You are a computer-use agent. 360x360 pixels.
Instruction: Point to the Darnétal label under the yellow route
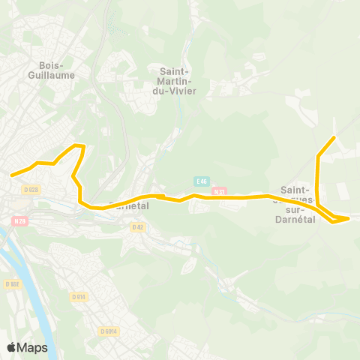pyautogui.click(x=130, y=205)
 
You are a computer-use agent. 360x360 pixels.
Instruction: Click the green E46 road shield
pyautogui.click(x=200, y=181)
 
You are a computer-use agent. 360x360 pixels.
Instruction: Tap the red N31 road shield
pyautogui.click(x=219, y=191)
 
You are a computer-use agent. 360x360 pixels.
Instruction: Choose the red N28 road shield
pyautogui.click(x=19, y=221)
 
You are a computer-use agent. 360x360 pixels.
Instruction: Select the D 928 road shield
pyautogui.click(x=31, y=190)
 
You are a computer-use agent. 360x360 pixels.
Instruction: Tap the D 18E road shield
pyautogui.click(x=11, y=284)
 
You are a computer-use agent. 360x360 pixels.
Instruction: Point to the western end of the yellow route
pyautogui.click(x=11, y=175)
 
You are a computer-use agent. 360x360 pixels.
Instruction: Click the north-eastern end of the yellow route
pyautogui.click(x=334, y=137)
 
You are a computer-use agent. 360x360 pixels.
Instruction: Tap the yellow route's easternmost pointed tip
pyautogui.click(x=349, y=218)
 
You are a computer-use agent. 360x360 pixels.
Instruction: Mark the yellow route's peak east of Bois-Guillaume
pyautogui.click(x=80, y=145)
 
